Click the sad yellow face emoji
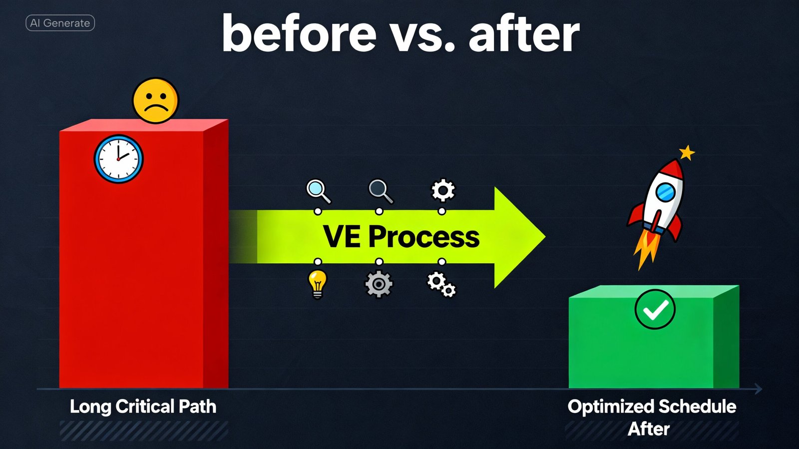pos(155,100)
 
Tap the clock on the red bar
pos(119,159)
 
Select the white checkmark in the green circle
pos(655,310)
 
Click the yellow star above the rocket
pos(687,153)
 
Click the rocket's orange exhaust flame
pos(645,250)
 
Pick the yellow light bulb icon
pos(317,284)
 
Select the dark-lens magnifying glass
pos(381,191)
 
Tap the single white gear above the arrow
pos(443,190)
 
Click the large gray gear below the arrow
pos(379,284)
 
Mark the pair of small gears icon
pos(441,285)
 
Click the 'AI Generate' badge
pos(60,23)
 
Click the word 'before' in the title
pos(299,34)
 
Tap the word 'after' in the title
pos(524,34)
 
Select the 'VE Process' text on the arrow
pos(401,237)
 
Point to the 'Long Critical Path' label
pos(143,407)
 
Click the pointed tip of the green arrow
pos(545,236)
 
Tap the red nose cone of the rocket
pos(674,168)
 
